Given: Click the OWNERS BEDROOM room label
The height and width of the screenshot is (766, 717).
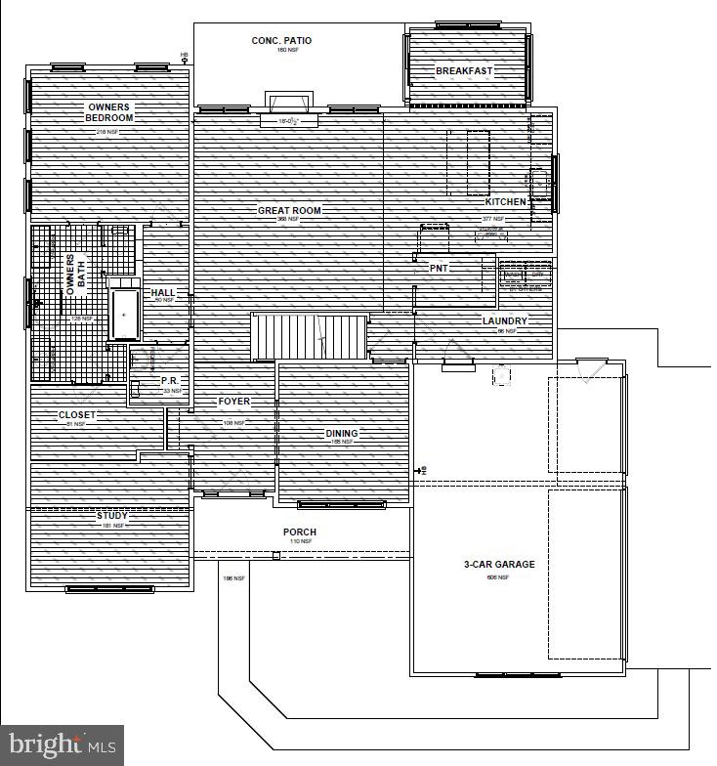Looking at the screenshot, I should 109,112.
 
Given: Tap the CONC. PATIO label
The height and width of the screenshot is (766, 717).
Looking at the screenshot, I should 281,41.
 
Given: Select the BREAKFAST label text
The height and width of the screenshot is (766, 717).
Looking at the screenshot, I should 464,71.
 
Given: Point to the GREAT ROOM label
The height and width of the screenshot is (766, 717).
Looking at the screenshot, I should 289,210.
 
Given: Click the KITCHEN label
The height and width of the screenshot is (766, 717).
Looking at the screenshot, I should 506,201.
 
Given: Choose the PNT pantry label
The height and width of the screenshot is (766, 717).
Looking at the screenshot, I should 438,268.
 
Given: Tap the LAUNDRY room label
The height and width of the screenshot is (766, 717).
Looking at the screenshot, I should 504,320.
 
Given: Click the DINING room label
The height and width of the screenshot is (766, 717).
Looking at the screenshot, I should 342,433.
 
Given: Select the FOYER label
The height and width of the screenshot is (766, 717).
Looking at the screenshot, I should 234,402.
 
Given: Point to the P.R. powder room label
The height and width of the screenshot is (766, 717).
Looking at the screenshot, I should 168,381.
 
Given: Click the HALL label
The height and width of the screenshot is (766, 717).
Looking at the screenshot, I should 162,293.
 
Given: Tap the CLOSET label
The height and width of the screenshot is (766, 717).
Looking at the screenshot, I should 77,415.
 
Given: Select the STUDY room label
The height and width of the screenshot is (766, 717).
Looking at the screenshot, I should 111,515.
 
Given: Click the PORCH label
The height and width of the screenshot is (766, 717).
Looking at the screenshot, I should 300,532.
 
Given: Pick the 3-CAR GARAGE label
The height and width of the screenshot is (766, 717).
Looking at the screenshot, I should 498,565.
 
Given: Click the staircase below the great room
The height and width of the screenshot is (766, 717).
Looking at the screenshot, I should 308,337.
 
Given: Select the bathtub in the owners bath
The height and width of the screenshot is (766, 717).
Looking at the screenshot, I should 125,310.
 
